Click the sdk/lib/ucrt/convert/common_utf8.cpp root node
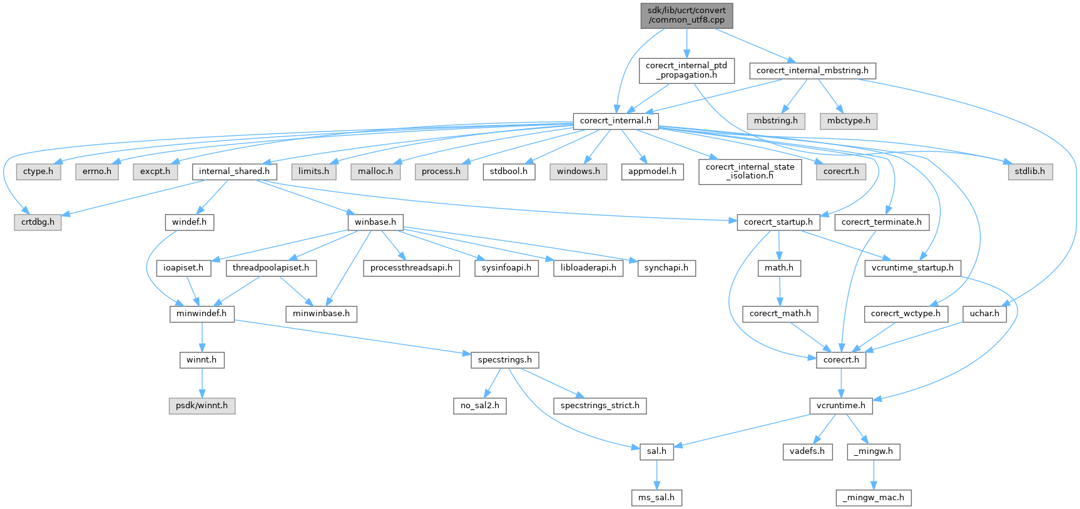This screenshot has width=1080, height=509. point(686,15)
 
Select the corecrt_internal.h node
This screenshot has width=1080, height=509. point(615,121)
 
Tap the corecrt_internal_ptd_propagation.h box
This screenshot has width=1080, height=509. point(686,70)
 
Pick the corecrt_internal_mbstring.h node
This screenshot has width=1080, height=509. point(812,71)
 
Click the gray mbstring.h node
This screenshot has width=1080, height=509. point(775,121)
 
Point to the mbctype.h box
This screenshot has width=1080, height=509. point(848,121)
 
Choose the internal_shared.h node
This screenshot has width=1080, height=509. point(234,171)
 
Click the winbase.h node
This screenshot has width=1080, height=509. point(375,222)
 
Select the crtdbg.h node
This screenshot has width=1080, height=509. point(38,222)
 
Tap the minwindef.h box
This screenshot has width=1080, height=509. point(201,314)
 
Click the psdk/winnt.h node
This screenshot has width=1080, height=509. point(201,406)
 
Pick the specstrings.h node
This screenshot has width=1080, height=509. point(504,360)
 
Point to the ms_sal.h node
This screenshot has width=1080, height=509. point(656,498)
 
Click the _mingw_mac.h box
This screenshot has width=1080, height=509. point(874,498)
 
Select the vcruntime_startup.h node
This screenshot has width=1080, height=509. point(912,268)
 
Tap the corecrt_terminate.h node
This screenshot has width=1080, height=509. point(881,222)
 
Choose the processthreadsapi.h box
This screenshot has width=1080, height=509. point(411,268)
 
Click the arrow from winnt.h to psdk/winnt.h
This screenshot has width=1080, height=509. point(201,383)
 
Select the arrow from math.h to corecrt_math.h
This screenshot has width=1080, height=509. point(779,290)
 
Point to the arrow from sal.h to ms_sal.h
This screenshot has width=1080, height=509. point(656,475)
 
